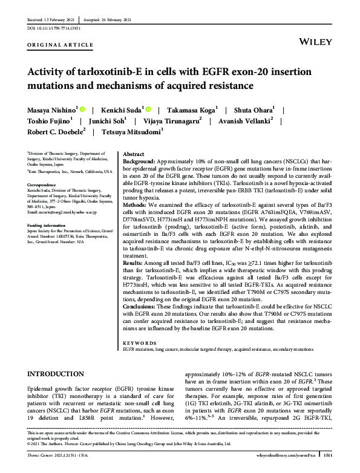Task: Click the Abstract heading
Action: coord(134,155)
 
